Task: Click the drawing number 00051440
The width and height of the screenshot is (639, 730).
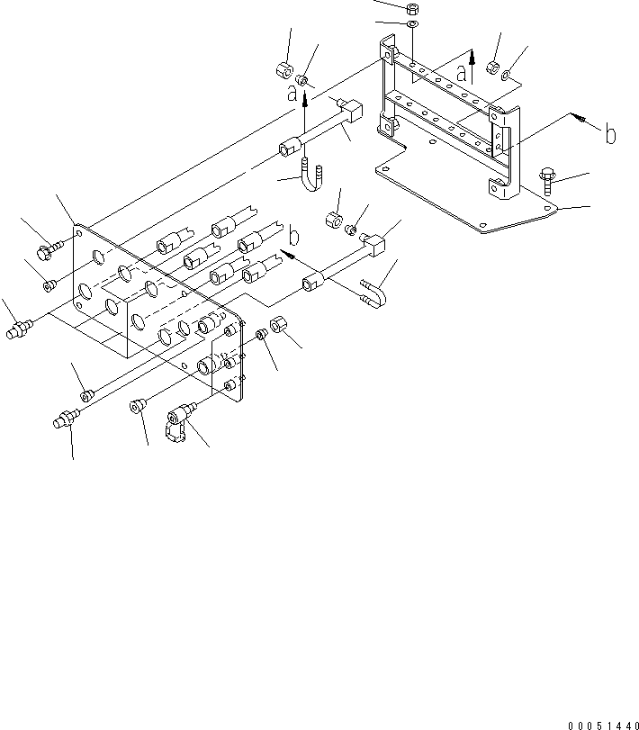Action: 603,725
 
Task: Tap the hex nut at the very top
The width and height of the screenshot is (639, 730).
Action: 412,8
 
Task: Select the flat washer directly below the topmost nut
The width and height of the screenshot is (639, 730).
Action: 412,23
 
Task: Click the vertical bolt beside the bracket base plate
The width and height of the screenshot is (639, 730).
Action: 547,183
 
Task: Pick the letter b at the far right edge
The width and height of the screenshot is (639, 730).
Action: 610,134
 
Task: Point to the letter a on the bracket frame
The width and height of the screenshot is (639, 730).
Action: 461,73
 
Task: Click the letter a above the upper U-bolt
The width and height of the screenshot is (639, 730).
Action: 292,94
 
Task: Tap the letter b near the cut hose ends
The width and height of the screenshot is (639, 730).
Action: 294,236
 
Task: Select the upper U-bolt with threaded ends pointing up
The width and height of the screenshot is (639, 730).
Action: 311,175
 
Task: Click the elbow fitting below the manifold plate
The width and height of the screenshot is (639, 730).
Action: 179,420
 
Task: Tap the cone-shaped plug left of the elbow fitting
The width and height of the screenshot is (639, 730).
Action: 137,405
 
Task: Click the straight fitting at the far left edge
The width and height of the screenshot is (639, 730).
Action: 19,329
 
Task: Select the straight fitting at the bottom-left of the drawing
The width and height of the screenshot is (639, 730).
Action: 65,418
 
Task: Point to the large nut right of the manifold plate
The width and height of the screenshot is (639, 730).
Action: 278,323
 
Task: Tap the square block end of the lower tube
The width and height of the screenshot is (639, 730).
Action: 375,246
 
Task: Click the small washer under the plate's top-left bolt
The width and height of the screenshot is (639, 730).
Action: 49,285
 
